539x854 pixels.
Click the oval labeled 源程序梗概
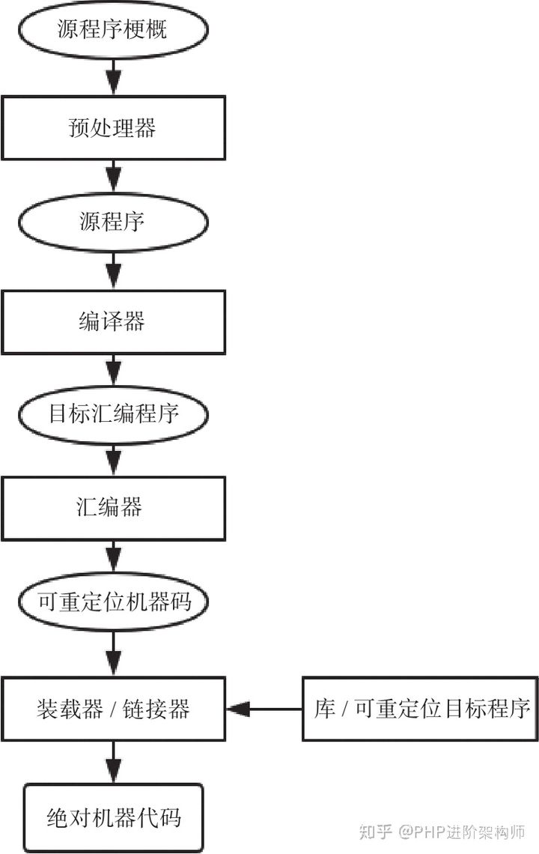coord(113,30)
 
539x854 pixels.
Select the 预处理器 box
coord(113,127)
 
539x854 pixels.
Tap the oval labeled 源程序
coord(113,222)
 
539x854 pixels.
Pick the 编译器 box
coord(113,321)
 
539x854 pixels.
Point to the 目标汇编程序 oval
coord(113,414)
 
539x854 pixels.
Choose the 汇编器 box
coord(113,508)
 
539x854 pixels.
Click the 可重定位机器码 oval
coord(113,601)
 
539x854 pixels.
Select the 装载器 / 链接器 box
coord(113,709)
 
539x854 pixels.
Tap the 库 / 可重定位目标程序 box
coord(421,709)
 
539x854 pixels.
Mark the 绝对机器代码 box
coord(113,817)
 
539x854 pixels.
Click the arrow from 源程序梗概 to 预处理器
coord(113,75)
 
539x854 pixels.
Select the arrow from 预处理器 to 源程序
coord(113,177)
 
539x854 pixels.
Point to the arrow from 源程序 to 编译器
coord(113,270)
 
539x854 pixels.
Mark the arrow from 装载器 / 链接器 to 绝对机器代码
coord(113,763)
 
